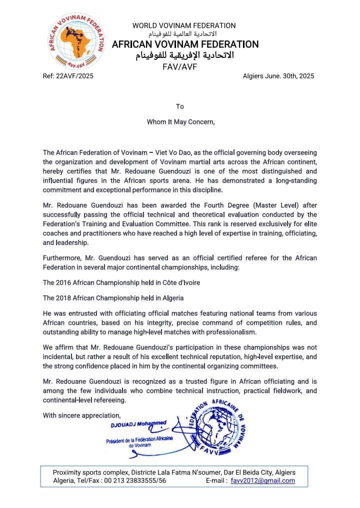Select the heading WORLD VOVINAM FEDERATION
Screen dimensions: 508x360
[x=184, y=25]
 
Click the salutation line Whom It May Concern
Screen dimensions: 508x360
[x=180, y=121]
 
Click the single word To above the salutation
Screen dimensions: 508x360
[x=180, y=106]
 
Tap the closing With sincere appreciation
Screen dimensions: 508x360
[x=81, y=415]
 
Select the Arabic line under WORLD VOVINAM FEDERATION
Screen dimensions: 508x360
[x=184, y=34]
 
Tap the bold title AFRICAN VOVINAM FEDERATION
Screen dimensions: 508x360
[x=185, y=44]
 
